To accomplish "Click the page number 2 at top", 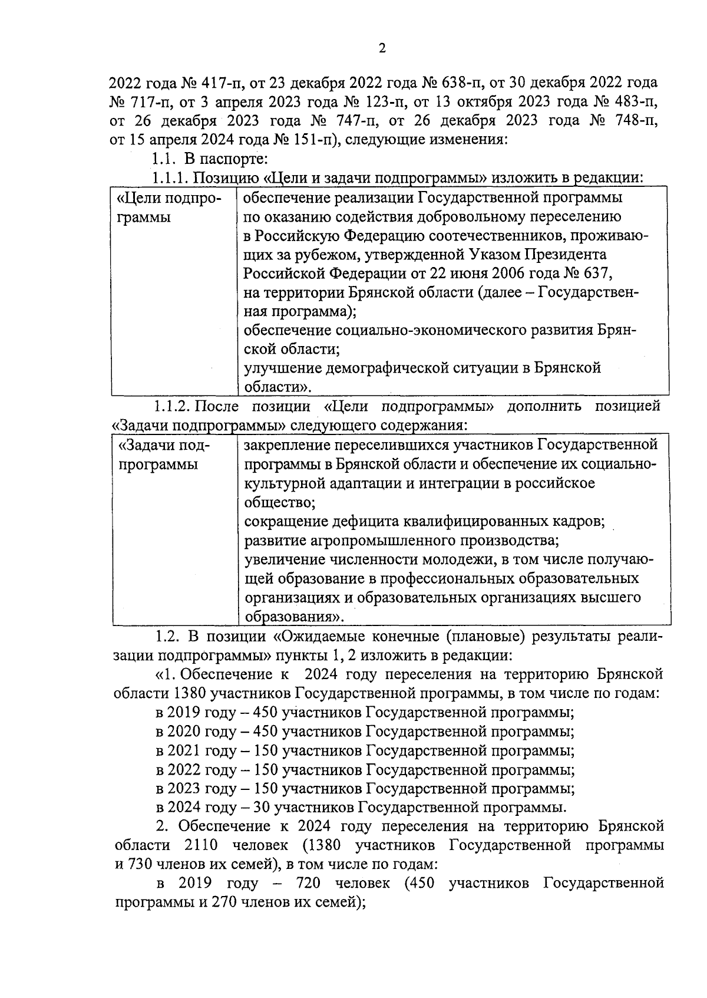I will coord(382,50).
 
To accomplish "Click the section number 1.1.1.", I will coord(171,178).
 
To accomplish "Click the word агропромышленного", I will coord(359,541).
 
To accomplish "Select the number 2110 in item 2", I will coord(201,845).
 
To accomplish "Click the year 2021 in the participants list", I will coord(184,751).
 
